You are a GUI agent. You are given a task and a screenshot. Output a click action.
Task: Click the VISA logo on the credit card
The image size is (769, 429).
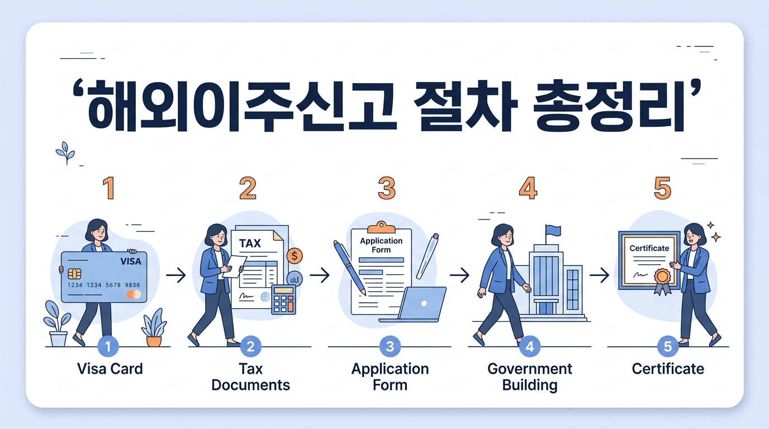(130, 261)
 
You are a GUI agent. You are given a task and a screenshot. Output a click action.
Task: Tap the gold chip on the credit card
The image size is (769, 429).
(74, 274)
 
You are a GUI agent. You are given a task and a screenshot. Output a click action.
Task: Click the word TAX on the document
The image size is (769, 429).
(250, 244)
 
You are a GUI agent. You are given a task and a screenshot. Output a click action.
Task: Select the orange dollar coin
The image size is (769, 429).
(294, 256)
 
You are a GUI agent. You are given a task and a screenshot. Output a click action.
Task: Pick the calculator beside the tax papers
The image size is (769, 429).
(283, 300)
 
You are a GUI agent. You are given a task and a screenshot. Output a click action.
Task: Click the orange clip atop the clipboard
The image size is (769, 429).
(381, 226)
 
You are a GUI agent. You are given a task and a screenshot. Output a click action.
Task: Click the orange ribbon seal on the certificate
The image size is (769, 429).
(662, 278)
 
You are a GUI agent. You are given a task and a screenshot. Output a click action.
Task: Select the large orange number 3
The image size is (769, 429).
(386, 188)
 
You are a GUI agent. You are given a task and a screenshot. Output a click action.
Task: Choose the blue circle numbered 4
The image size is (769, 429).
(529, 347)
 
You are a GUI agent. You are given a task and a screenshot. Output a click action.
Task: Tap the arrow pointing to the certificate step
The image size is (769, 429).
(599, 275)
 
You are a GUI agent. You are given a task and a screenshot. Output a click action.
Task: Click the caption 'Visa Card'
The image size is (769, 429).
(110, 369)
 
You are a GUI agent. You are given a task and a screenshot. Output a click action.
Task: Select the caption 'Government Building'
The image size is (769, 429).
(529, 377)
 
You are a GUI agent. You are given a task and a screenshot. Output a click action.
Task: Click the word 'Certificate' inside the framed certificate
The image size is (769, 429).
(649, 248)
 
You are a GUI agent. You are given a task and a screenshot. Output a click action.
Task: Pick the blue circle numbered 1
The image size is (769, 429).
(108, 347)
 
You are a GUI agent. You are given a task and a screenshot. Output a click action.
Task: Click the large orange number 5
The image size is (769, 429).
(662, 188)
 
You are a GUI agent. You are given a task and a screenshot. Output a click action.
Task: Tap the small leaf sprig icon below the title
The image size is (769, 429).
(65, 152)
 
